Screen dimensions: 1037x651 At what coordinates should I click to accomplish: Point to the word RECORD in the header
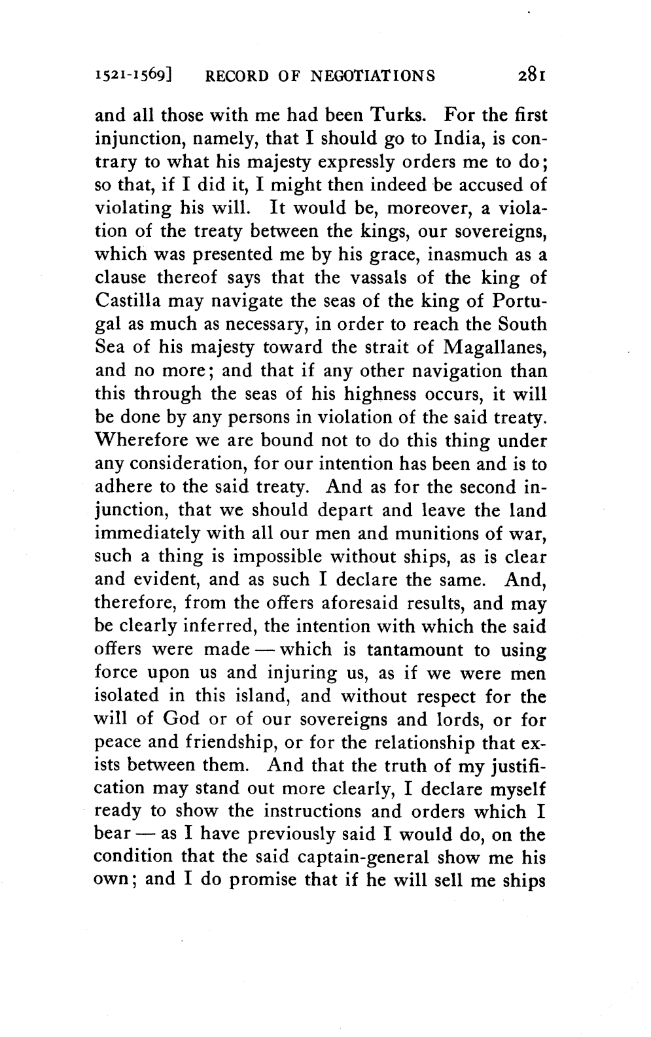[234, 77]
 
